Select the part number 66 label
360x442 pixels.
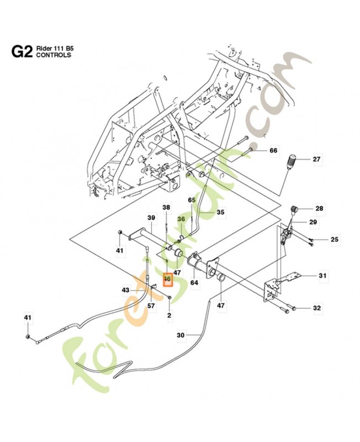coord(273,150)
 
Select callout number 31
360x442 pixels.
coord(322,275)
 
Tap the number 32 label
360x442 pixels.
coord(316,308)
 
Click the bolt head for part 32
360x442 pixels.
coord(295,308)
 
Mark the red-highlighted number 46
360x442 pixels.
coord(167,280)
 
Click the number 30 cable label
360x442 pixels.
coord(180,335)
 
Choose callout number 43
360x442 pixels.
coord(125,290)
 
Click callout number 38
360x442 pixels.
coord(166,207)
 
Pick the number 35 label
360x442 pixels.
coord(220,212)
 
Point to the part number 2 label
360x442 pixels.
coord(170,315)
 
